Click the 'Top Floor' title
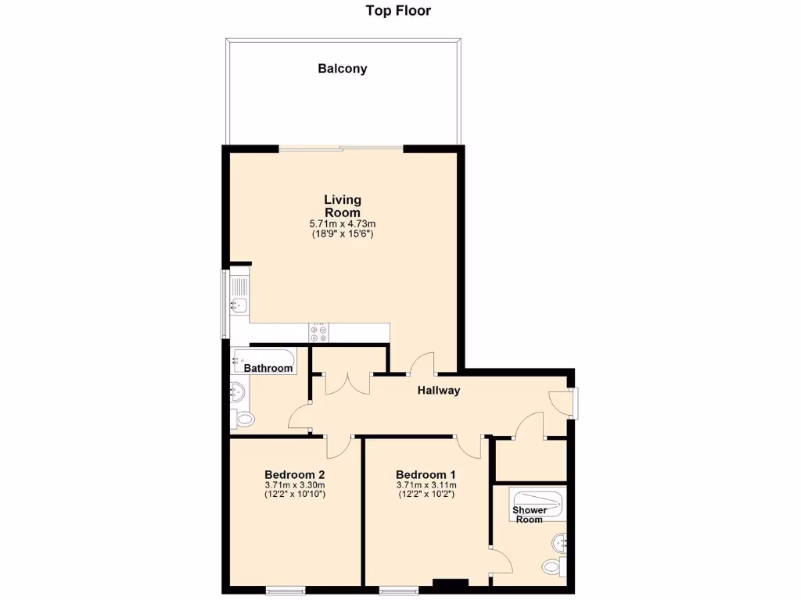[x=398, y=11]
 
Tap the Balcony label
[x=342, y=69]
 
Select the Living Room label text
[x=342, y=206]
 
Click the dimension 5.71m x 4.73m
[x=342, y=224]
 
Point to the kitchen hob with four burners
[x=319, y=333]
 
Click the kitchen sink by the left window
[x=239, y=305]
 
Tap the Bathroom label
[x=268, y=368]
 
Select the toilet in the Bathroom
[x=245, y=420]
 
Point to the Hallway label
[x=438, y=391]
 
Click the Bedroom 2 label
[x=294, y=474]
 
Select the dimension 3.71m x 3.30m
[x=294, y=484]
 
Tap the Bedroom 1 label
[x=426, y=474]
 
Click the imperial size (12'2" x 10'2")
[x=426, y=494]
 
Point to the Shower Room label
[x=530, y=514]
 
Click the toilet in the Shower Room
[x=552, y=566]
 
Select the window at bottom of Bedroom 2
[x=286, y=590]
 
